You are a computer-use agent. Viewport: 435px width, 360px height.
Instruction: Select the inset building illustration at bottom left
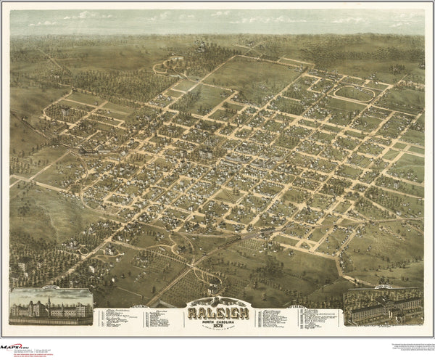51,306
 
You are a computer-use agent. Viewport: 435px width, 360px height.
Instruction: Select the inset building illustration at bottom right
383,306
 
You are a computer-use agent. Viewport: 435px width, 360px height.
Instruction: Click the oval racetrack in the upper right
355,93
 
